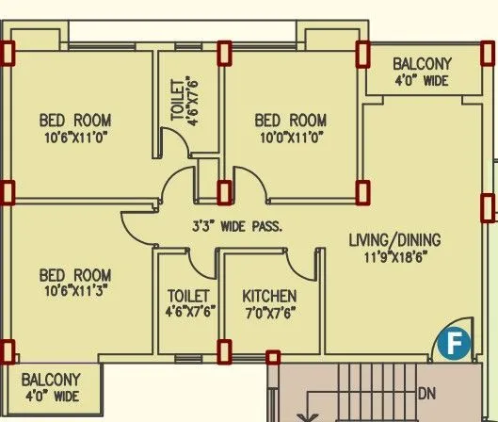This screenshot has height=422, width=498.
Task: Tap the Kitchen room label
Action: point(269,296)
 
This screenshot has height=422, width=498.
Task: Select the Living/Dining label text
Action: point(394,239)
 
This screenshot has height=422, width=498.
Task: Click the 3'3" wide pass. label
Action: point(236,226)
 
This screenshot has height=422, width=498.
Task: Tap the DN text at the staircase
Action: point(426,392)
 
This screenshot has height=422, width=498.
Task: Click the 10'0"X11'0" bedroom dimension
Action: point(291,138)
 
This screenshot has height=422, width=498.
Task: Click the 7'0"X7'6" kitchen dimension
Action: point(269,312)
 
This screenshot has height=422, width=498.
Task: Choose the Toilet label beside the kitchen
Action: point(186,296)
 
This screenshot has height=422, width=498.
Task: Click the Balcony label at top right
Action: point(423,64)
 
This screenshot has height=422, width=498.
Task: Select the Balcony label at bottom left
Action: point(53,380)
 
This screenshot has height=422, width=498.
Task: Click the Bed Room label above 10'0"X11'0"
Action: point(291,121)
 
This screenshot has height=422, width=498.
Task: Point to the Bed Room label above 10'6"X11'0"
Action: point(74,121)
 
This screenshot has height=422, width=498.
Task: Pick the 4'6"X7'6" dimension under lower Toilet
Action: point(186,312)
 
